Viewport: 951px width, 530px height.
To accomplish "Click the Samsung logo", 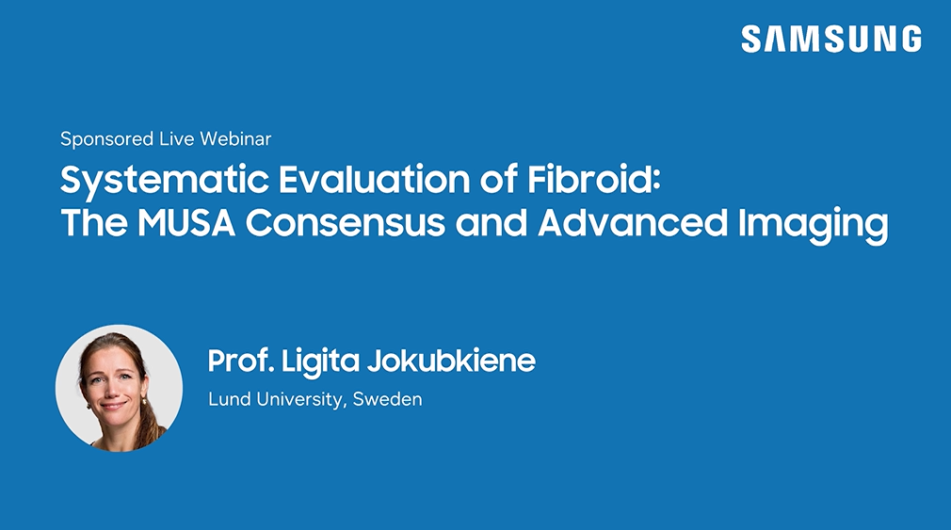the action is tap(831, 39).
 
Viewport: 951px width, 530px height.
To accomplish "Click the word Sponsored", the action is tap(106, 139).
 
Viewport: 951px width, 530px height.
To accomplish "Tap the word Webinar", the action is tap(235, 139).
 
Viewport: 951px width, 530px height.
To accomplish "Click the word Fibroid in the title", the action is tap(593, 180).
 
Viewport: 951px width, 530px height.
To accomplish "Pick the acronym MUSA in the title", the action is tap(186, 222).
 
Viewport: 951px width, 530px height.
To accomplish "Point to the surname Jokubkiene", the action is tap(451, 361).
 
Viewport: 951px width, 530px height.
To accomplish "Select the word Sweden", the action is tap(388, 399).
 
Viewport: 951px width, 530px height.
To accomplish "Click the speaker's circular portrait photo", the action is tap(119, 388).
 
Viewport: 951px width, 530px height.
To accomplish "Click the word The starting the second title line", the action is tap(94, 222).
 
